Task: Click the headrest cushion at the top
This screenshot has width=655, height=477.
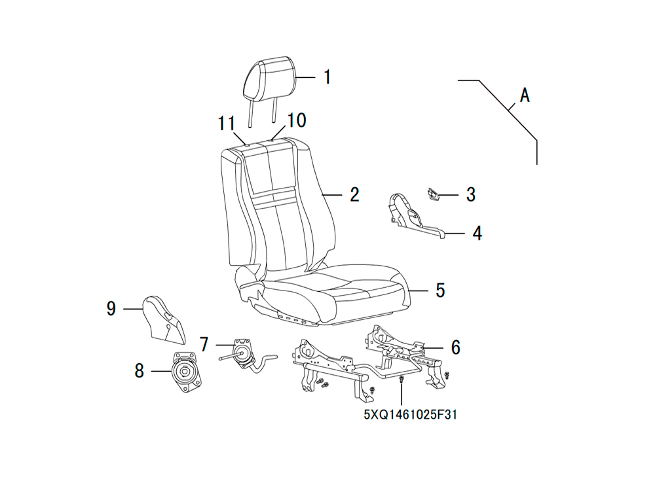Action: pos(270,79)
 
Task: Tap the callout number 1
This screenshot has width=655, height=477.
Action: pos(327,77)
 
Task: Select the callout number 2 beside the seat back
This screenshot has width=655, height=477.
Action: pos(354,194)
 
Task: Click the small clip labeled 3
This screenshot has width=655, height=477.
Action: pos(433,195)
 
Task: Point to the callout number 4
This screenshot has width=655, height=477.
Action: pos(477,234)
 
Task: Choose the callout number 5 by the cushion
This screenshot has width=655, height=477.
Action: pos(440,291)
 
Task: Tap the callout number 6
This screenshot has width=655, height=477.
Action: pos(455,347)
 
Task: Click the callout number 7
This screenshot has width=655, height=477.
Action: pos(204,345)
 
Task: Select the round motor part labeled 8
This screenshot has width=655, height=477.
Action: pos(184,371)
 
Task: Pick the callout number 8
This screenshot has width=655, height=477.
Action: pos(139,370)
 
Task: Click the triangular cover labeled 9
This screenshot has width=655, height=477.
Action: pos(164,321)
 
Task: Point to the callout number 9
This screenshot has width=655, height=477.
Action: pos(111,308)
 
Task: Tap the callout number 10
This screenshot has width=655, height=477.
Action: pos(296,120)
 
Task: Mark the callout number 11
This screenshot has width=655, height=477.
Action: pos(227,124)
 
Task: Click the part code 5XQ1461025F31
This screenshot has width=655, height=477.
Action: pos(411,415)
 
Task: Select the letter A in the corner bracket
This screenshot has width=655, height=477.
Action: pos(525,95)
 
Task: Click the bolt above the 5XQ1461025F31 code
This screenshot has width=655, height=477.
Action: pos(402,379)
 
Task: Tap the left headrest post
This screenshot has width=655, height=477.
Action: pos(250,113)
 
